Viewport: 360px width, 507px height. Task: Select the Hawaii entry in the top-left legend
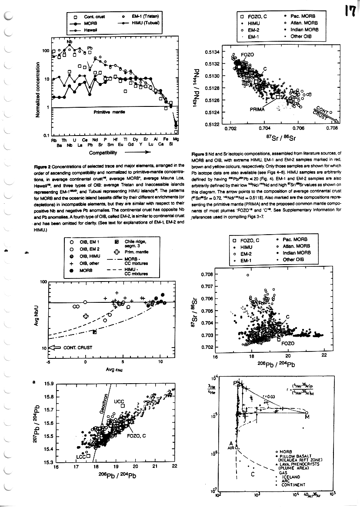89,30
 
